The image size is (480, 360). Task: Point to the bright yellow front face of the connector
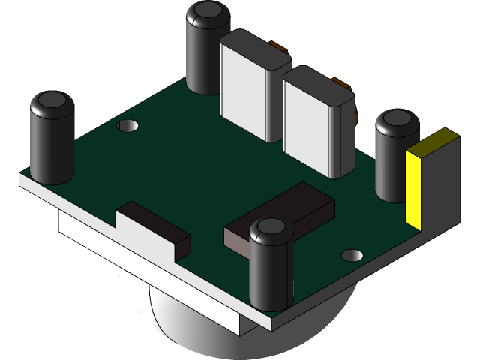[x=414, y=187]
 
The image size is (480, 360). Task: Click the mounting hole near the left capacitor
[x=128, y=126]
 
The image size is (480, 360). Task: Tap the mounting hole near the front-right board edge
[x=352, y=255]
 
